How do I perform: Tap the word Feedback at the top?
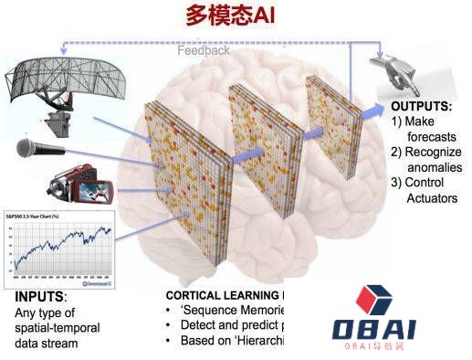(x=204, y=50)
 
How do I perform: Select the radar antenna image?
(x=73, y=88)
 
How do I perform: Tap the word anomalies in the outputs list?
(x=433, y=167)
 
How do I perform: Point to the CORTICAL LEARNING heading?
(x=225, y=295)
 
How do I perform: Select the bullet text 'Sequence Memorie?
(x=237, y=311)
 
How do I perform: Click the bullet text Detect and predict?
(x=237, y=325)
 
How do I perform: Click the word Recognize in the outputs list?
(x=432, y=152)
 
